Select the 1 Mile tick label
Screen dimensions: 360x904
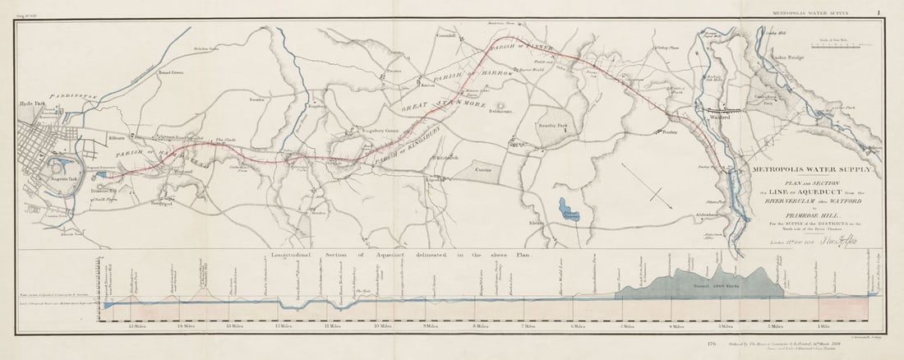coord(819,325)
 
